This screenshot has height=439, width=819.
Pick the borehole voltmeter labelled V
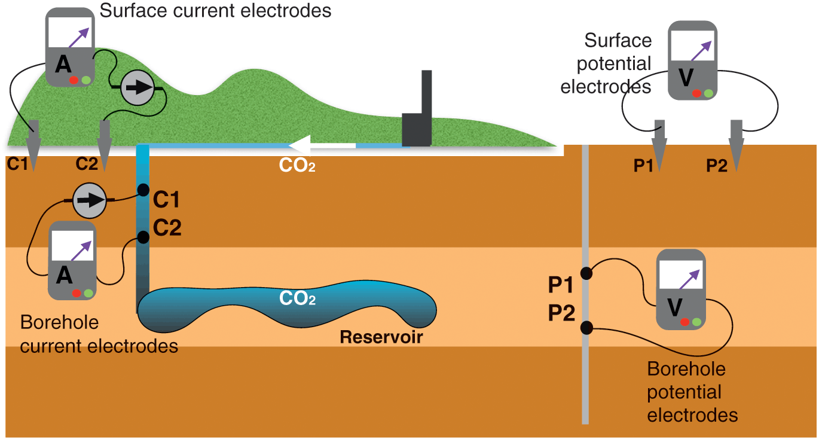[x=681, y=289]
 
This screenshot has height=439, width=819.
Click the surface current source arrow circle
[x=137, y=88]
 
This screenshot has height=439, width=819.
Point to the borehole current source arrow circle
[x=88, y=200]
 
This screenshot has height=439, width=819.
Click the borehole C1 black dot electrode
[x=143, y=190]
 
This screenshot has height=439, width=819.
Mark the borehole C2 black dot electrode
[x=143, y=237]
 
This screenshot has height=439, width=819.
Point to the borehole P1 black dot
[x=586, y=273]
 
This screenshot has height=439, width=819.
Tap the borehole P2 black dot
[x=586, y=327]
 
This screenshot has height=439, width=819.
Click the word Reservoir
[x=381, y=337]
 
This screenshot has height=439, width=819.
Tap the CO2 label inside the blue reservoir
[x=297, y=298]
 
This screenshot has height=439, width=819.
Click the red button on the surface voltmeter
[x=696, y=93]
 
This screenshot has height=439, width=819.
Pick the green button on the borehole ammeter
[x=88, y=293]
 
